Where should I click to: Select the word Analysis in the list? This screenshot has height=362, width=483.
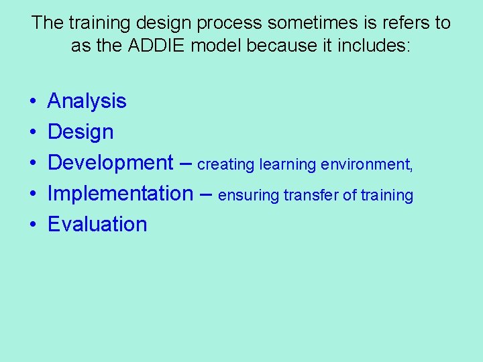(87, 101)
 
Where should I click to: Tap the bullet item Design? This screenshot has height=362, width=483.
(80, 132)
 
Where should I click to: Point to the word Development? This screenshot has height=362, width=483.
(111, 163)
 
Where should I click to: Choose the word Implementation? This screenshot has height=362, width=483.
(120, 194)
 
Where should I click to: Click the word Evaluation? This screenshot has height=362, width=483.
(97, 225)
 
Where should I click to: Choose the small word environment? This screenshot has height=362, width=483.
(367, 165)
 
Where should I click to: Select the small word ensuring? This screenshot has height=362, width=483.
(249, 196)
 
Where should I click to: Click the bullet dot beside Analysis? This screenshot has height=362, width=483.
(33, 102)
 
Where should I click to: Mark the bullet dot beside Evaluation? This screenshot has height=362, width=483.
(33, 225)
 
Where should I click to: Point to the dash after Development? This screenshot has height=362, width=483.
(186, 164)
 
